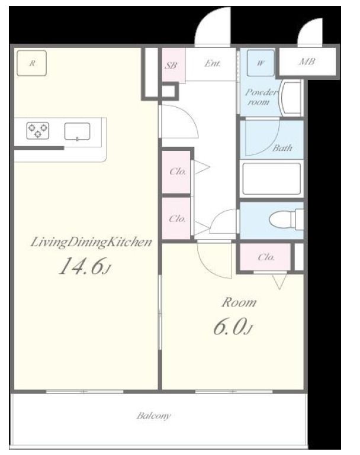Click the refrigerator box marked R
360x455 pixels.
pos(31,63)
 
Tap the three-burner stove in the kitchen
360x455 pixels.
pos(38,131)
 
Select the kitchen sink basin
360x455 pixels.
pos(77,131)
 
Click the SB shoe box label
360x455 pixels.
pos(171,65)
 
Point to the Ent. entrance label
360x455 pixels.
pos(213,63)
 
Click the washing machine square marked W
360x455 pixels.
pos(261,63)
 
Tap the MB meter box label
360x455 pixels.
pos(307,62)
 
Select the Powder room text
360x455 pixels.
pos(261,97)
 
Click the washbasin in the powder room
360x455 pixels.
pos(291,99)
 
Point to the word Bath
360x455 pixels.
pos(282,148)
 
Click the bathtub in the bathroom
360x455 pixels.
pos(271,179)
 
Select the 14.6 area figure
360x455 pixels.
pos(85,266)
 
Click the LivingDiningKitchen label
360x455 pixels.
pos(91,243)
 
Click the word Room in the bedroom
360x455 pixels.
pos(239,303)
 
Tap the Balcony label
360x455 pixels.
pos(154,416)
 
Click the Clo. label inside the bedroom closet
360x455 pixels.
pos(266,257)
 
